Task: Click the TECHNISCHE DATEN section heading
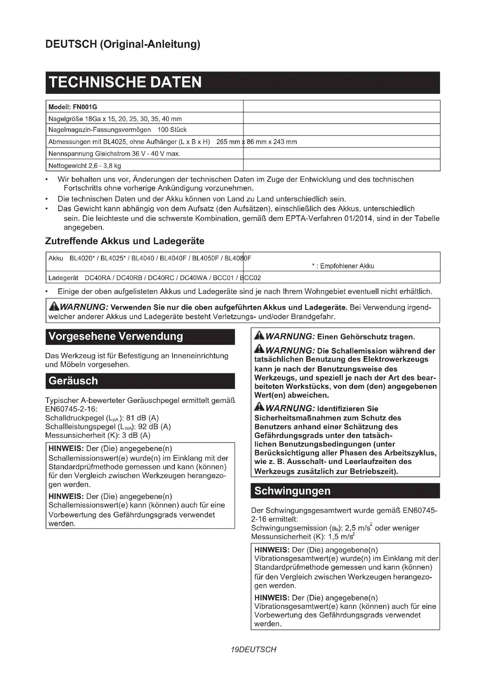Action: click(125, 82)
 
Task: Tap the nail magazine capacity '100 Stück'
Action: click(172, 130)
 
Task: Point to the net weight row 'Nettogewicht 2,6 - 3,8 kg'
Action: click(85, 166)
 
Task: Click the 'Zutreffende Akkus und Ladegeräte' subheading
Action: click(125, 241)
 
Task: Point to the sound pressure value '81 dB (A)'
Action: click(142, 418)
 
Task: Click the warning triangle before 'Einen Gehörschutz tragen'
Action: click(259, 336)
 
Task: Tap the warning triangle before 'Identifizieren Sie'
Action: click(259, 407)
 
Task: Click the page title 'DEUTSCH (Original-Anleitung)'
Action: click(123, 44)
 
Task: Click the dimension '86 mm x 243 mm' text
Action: click(272, 142)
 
